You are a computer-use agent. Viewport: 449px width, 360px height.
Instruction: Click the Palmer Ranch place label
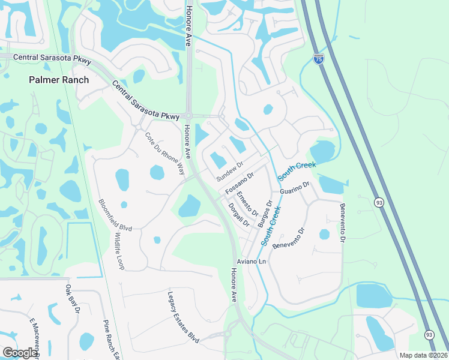[59, 80]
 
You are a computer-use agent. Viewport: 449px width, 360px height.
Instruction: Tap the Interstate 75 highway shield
[319, 59]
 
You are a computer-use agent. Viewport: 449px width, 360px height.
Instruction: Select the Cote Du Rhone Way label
[165, 153]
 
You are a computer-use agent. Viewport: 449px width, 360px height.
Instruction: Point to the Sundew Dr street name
[230, 172]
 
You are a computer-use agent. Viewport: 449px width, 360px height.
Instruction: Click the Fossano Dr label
[240, 183]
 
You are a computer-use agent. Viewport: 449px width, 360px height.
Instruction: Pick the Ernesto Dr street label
[247, 205]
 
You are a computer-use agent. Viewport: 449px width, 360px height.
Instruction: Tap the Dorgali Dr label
[239, 214]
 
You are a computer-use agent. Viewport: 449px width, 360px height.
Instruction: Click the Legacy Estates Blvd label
[183, 317]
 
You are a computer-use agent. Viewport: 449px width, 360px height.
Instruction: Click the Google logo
[20, 352]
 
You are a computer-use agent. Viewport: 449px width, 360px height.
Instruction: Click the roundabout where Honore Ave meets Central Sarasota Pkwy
[188, 116]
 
